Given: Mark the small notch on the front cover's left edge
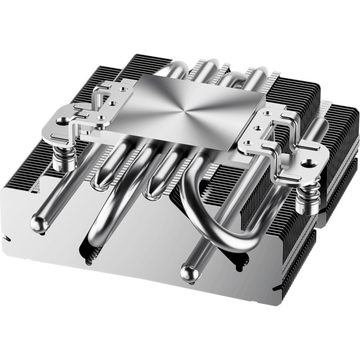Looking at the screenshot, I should point(6,238).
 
